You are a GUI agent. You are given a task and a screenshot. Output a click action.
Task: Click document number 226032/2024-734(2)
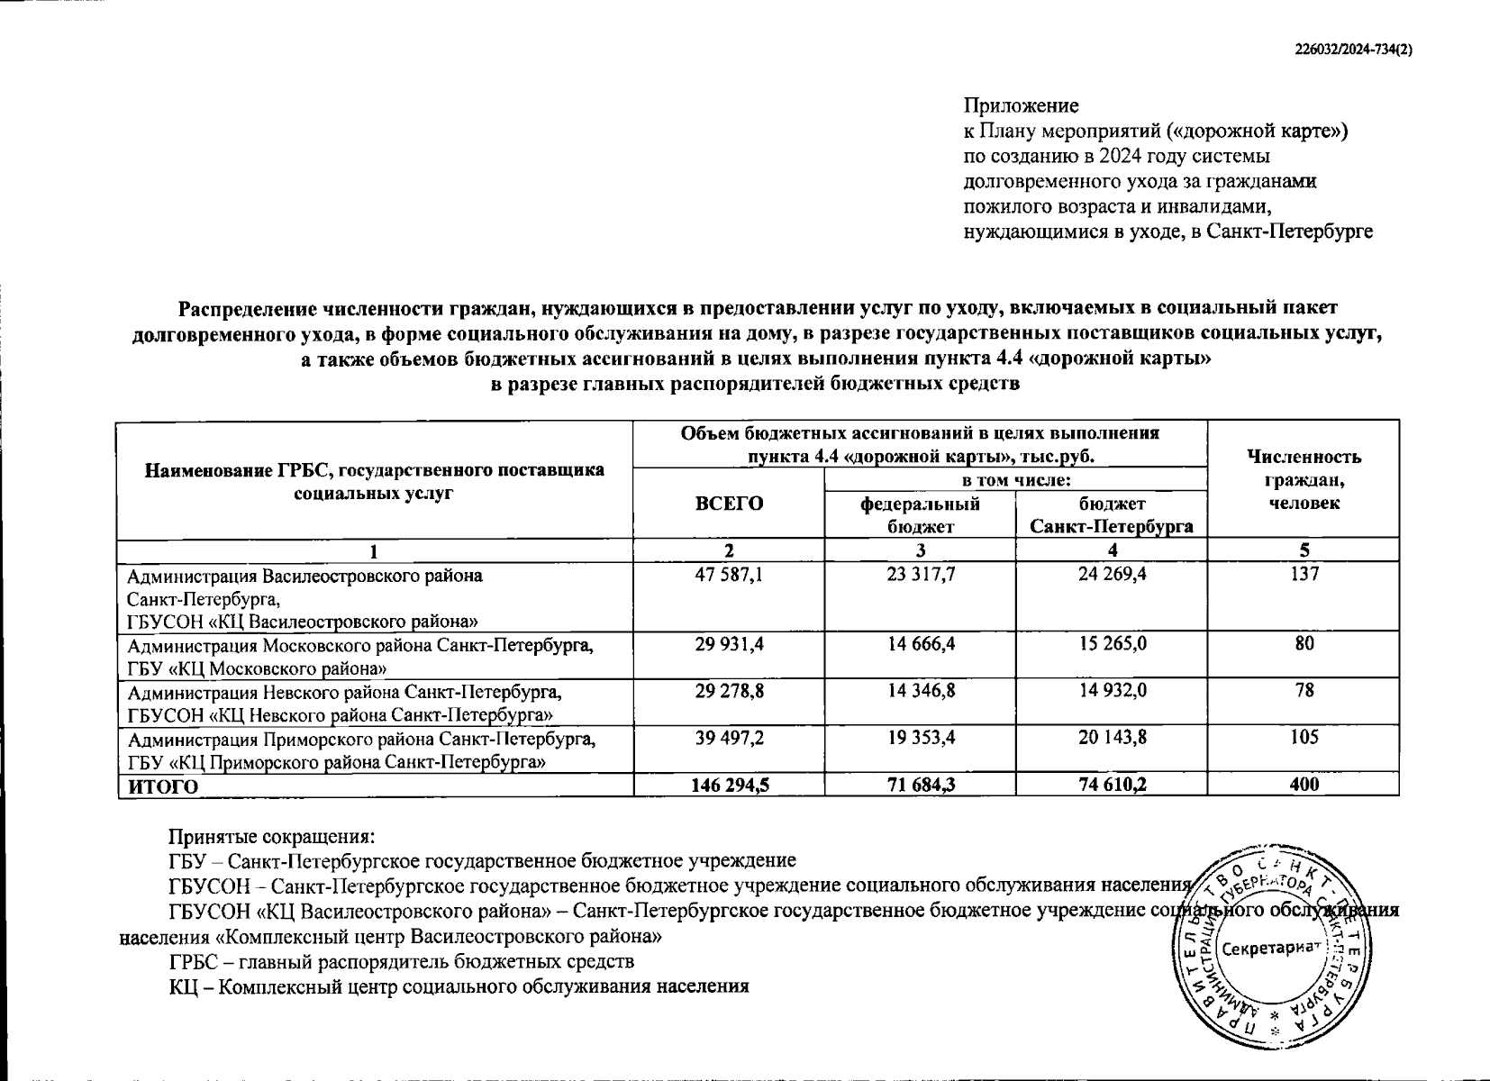(1352, 51)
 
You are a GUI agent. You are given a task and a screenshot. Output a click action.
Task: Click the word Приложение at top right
(1021, 105)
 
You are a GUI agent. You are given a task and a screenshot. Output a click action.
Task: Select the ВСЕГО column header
(729, 503)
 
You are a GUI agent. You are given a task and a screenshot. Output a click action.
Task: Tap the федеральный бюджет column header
(920, 514)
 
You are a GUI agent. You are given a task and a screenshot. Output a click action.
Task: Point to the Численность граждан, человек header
(1303, 479)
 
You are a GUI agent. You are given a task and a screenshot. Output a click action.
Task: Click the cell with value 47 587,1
(729, 574)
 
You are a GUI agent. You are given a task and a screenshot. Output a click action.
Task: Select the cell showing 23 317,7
(920, 574)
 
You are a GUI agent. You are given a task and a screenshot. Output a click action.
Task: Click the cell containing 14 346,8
(920, 691)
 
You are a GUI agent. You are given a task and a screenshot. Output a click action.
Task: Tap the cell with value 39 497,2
(729, 738)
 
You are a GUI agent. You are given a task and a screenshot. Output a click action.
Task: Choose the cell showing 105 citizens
(1303, 738)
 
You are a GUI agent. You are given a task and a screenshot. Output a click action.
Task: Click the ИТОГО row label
(163, 786)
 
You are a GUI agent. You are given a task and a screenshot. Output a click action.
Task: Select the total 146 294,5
(729, 785)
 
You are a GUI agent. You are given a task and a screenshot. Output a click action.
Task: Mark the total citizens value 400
(1303, 785)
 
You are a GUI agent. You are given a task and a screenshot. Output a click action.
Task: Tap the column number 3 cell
(920, 550)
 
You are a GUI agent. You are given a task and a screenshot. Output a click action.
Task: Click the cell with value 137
(1303, 574)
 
